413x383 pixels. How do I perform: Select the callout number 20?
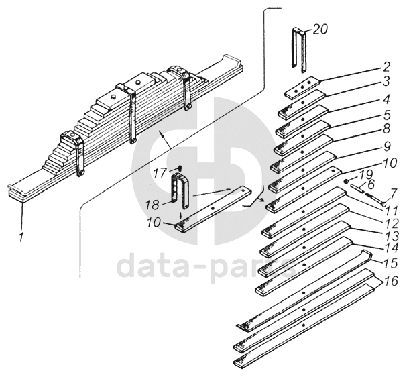[x=320, y=29]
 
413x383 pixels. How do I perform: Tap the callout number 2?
[x=386, y=66]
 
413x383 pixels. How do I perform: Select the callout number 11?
[x=392, y=209]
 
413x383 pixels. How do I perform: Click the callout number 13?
[x=392, y=236]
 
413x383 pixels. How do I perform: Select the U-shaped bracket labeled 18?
[x=180, y=190]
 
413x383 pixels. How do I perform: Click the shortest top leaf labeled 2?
[x=302, y=89]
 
